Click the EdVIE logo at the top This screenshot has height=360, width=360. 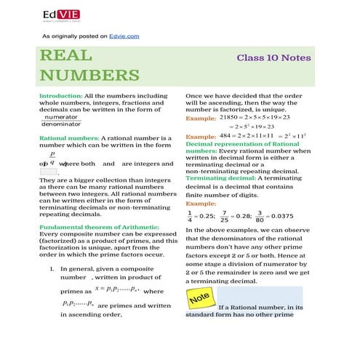coord(60,15)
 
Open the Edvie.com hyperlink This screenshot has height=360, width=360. coord(123,36)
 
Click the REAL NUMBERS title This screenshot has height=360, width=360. coord(89,65)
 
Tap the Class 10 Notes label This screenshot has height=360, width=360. coord(273,57)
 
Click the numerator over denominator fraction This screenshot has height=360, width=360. coord(61,121)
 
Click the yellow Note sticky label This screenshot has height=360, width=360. coord(199,298)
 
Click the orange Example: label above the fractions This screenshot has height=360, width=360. coord(200,204)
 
